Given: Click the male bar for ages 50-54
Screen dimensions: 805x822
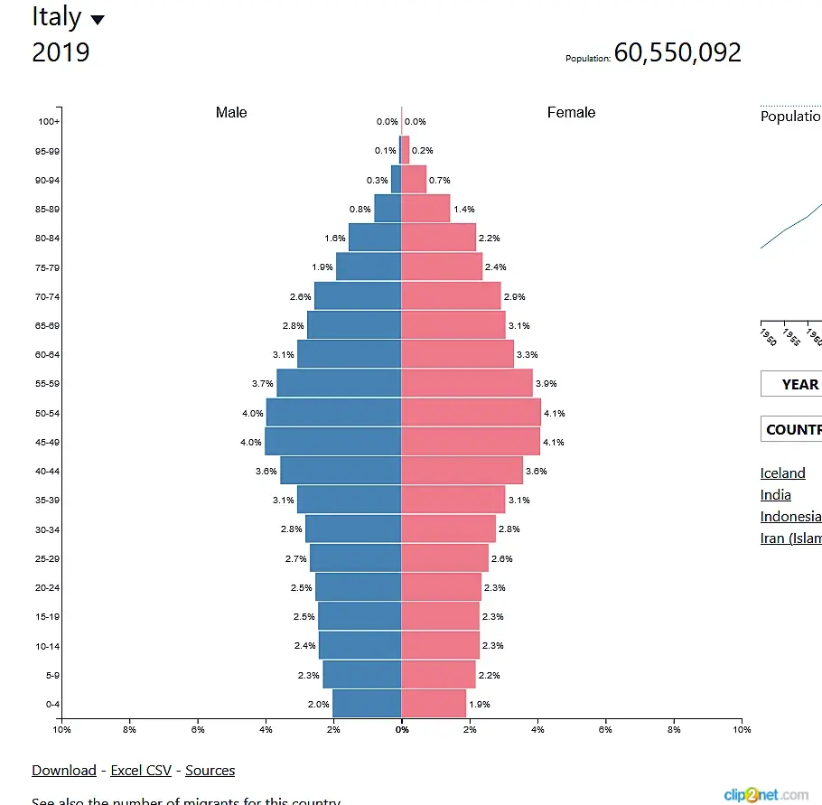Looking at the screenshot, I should click(x=333, y=413).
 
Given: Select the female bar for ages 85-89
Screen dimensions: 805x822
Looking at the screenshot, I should click(x=425, y=209).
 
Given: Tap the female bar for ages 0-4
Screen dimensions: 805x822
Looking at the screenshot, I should click(x=434, y=704).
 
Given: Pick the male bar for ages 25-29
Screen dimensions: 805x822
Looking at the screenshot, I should click(x=355, y=558).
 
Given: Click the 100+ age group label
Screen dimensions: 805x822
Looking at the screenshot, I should click(x=49, y=122).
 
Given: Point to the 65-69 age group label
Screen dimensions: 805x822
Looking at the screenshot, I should click(x=47, y=325).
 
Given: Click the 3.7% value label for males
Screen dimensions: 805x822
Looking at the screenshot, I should click(x=262, y=384).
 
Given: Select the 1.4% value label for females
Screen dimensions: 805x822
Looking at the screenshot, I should click(x=464, y=210).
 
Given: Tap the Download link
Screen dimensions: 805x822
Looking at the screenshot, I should click(x=63, y=771).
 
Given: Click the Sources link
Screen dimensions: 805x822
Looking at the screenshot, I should click(x=210, y=771).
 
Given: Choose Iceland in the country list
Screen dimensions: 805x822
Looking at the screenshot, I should click(x=782, y=473).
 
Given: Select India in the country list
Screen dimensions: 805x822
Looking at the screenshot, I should click(x=775, y=495).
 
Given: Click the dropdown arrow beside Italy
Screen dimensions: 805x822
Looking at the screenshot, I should click(x=98, y=20).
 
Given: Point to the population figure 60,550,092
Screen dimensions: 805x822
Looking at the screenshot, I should click(x=677, y=52).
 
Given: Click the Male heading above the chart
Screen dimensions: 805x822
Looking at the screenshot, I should click(x=231, y=113).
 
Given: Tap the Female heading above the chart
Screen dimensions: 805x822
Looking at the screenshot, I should click(x=571, y=113).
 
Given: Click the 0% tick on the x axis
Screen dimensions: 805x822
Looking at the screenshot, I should click(x=402, y=730).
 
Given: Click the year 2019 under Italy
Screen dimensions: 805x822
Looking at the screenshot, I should click(x=61, y=52).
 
